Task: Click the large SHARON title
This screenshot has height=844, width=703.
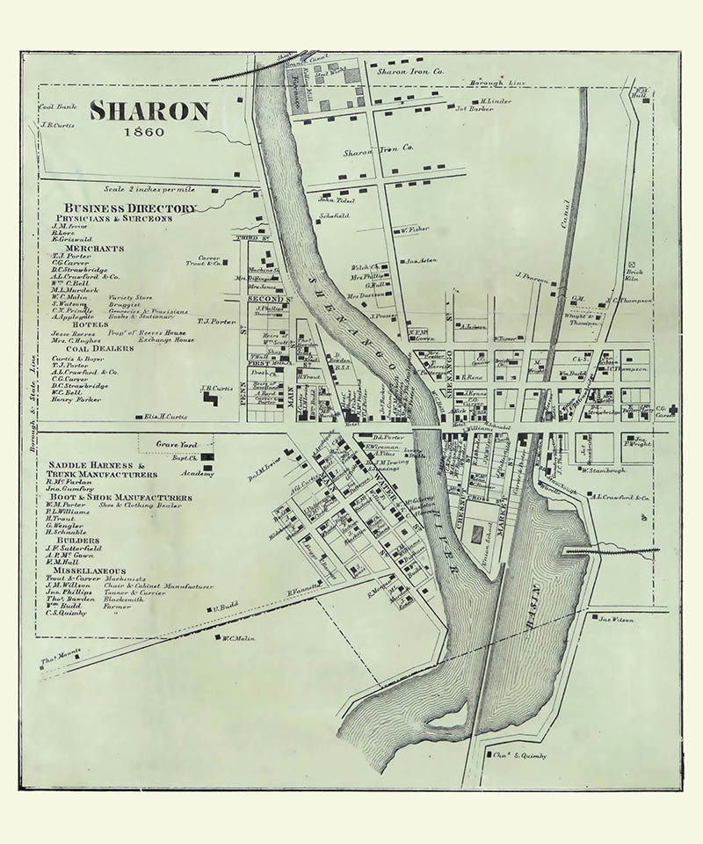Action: click(149, 112)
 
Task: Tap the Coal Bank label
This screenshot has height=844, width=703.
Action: click(54, 107)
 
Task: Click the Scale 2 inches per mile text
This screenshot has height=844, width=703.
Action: click(150, 188)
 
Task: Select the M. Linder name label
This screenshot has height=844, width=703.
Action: click(496, 100)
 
